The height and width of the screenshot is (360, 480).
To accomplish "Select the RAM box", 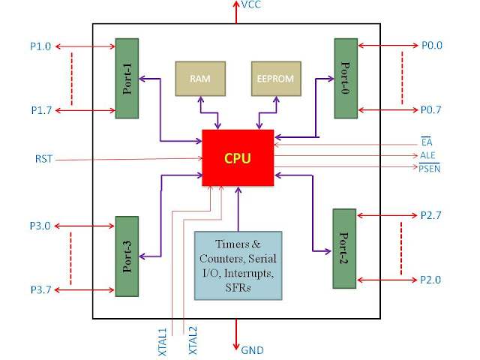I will (199, 79).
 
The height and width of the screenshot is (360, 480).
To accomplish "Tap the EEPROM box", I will (274, 79).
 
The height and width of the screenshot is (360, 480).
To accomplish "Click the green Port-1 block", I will (127, 78).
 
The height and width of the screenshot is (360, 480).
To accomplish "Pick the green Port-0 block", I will (346, 78).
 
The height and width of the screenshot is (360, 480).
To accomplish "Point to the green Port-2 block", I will (346, 247).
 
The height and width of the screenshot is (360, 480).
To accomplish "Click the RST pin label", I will (43, 159).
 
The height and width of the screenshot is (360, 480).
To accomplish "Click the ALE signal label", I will (429, 155).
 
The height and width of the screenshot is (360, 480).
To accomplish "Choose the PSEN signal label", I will (430, 169).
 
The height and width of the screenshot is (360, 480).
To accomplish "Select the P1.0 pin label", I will (42, 45).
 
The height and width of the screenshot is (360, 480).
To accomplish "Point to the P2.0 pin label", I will (431, 280).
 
